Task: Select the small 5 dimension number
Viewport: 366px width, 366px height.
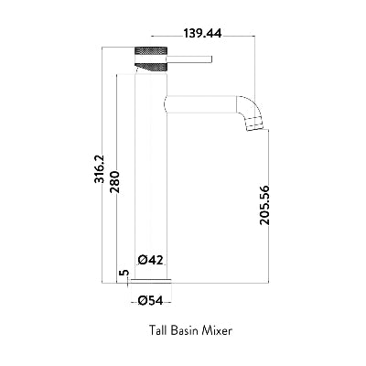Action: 125,274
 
